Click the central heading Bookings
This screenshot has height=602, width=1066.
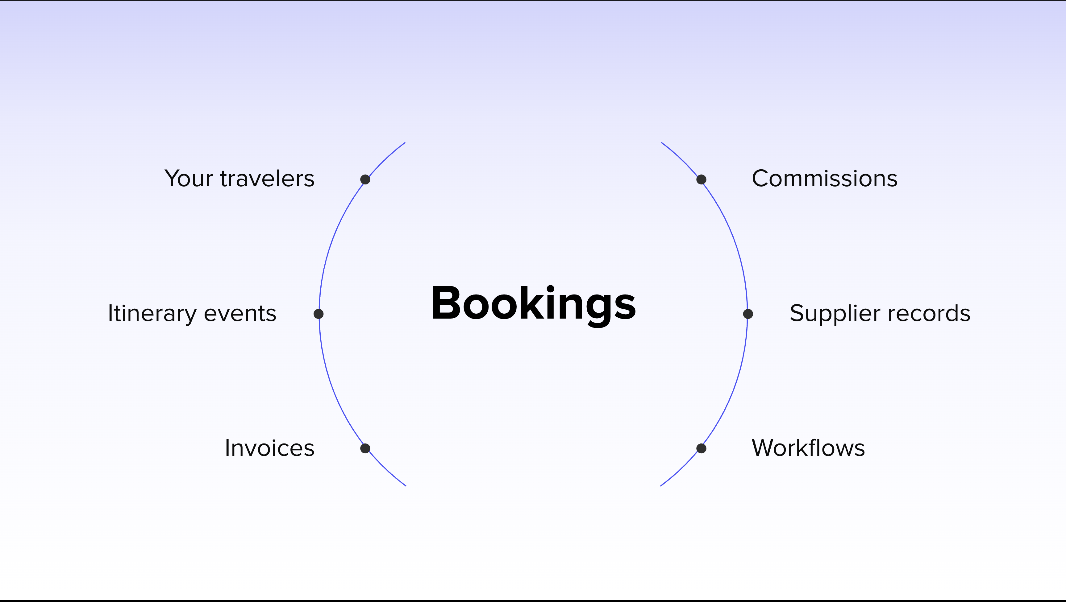(x=533, y=305)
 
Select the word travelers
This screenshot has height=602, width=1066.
(x=267, y=179)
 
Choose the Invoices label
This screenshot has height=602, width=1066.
(x=270, y=448)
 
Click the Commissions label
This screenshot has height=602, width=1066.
(x=825, y=179)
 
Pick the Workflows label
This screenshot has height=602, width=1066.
(x=808, y=448)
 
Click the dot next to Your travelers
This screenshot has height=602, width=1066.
(x=365, y=179)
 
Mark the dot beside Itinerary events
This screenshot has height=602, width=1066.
(x=319, y=314)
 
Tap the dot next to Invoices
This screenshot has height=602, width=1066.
(x=365, y=448)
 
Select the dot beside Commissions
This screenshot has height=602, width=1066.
(x=702, y=179)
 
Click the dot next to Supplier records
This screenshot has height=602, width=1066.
(x=748, y=314)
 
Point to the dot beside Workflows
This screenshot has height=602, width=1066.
(x=702, y=448)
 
